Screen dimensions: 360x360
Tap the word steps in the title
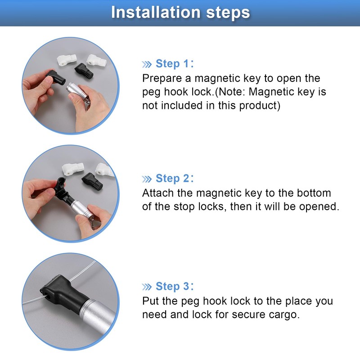click(x=224, y=12)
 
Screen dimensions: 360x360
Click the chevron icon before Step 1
click(x=147, y=64)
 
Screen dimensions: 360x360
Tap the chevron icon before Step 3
click(x=147, y=287)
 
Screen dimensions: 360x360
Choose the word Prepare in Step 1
click(x=161, y=78)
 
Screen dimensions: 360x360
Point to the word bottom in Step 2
click(x=315, y=193)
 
